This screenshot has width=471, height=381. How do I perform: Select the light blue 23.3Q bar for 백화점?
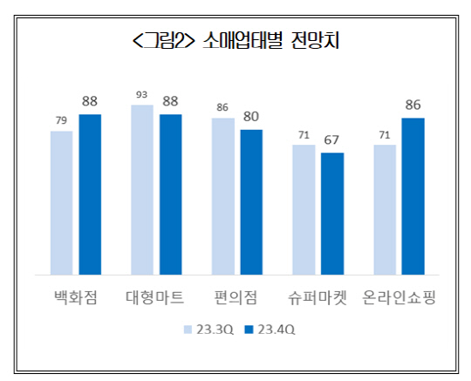[62, 203]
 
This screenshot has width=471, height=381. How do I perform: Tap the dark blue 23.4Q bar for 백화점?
[90, 194]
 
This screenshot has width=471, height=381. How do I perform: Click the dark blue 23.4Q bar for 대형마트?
[170, 194]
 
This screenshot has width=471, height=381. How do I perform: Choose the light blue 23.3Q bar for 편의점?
[223, 196]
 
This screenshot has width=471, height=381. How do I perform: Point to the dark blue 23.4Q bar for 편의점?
[251, 202]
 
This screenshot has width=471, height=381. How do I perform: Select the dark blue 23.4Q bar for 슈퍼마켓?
[332, 214]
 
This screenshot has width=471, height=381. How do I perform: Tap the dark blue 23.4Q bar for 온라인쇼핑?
[413, 196]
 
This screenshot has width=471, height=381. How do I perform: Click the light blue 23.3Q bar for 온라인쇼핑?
[385, 210]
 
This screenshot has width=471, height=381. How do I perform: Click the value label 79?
[61, 120]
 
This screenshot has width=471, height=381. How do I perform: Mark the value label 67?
[332, 139]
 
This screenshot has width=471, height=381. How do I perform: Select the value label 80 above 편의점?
[251, 115]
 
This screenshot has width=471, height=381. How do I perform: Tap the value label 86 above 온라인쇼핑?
[413, 105]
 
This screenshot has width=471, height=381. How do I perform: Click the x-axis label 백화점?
[75, 297]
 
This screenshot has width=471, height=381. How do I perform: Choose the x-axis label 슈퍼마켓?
[318, 297]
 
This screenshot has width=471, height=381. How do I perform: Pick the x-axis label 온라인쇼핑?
[399, 297]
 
